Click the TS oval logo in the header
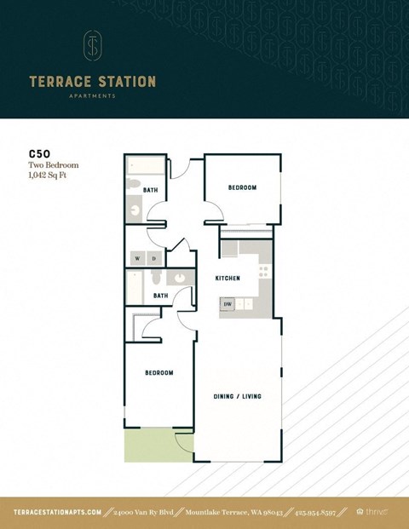[x=92, y=46]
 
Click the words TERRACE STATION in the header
[x=92, y=82]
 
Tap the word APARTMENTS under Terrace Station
[x=92, y=96]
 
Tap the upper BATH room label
[x=150, y=190]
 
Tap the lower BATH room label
[x=160, y=296]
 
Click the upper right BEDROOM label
[x=242, y=187]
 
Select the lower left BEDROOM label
[x=158, y=372]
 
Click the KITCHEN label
[x=227, y=279]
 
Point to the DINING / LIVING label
[x=236, y=396]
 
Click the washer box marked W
[x=136, y=258]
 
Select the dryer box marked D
[x=153, y=258]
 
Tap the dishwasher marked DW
[x=228, y=303]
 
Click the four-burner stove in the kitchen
[x=263, y=272]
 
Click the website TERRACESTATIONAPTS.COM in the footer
[x=58, y=512]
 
